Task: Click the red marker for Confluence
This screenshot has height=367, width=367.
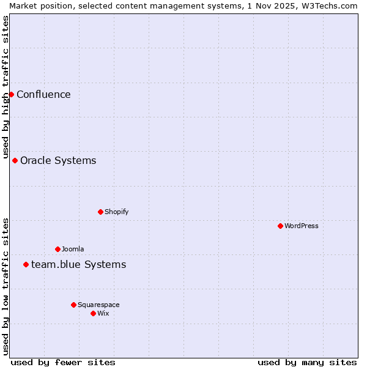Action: point(11,94)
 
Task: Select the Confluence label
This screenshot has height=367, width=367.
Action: point(43,94)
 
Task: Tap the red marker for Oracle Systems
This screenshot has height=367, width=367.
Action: point(15,160)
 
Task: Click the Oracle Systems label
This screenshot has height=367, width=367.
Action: point(58,160)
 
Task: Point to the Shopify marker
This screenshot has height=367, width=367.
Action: point(100,212)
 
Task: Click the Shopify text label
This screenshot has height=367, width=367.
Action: point(116,212)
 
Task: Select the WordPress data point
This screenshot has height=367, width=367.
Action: point(280,226)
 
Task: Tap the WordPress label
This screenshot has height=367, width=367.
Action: point(301,226)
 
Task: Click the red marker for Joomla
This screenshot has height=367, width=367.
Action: point(57,249)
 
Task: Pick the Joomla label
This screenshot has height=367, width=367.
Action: point(73,249)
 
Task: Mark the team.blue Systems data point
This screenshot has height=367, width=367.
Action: point(26,264)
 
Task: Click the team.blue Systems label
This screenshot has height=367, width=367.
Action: point(78,264)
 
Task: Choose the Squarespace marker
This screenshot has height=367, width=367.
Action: point(73,305)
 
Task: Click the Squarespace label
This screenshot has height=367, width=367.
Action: point(98,305)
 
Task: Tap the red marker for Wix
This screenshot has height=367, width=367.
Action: point(93,313)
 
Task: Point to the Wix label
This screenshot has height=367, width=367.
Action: point(103,313)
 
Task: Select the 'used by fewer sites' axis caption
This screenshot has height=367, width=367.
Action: point(63,362)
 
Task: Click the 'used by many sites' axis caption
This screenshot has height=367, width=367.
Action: point(307,362)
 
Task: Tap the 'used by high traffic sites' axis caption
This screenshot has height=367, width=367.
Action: point(6,87)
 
